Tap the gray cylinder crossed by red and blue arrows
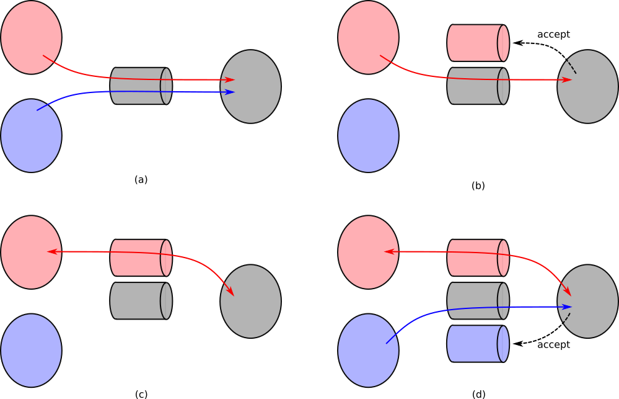pyautogui.click(x=140, y=86)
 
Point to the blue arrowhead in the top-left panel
pyautogui.click(x=230, y=92)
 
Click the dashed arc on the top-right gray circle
pyautogui.click(x=573, y=66)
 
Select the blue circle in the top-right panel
pyautogui.click(x=368, y=135)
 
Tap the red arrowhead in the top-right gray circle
pyautogui.click(x=567, y=79)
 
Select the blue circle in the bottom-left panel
pyautogui.click(x=31, y=351)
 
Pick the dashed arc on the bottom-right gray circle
pyautogui.click(x=566, y=318)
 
